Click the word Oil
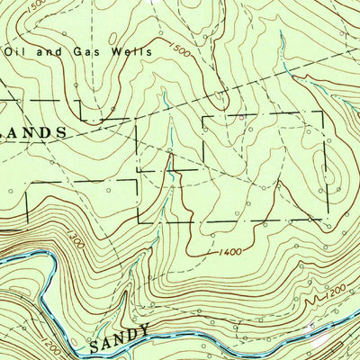(15, 51)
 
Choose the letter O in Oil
(10, 51)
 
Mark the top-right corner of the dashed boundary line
(323, 112)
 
